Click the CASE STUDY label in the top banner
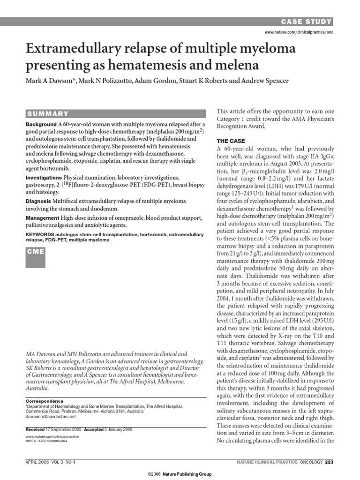click(307, 22)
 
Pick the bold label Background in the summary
click(41, 124)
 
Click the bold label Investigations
click(44, 178)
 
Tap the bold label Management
click(42, 218)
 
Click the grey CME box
click(36, 252)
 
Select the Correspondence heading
click(44, 401)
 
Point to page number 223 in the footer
click(329, 462)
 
